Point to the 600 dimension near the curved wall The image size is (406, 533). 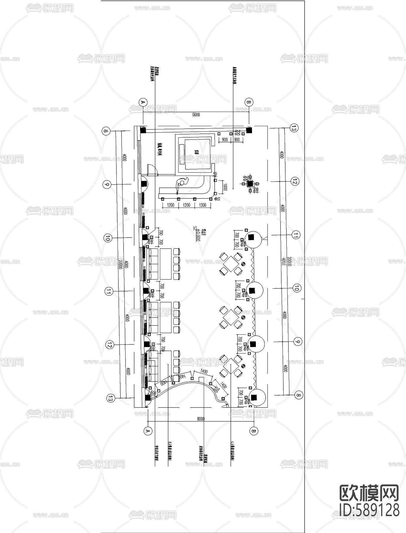tap(153, 392)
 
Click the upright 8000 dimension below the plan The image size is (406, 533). tap(201, 419)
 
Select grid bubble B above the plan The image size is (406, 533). tap(249, 102)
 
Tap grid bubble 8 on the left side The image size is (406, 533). tap(106, 131)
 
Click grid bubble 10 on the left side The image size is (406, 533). tap(108, 237)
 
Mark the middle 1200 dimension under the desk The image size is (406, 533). tap(186, 205)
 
